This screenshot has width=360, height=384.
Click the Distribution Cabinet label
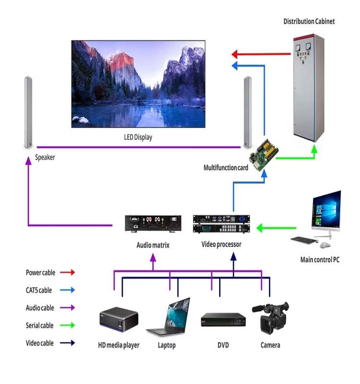(x=309, y=21)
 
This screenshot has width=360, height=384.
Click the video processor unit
(x=222, y=225)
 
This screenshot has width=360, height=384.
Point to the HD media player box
(x=119, y=320)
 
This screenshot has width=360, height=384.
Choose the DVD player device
(x=223, y=320)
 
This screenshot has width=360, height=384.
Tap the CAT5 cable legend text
(x=39, y=290)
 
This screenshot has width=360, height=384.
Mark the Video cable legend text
(x=40, y=343)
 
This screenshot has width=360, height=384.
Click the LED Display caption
(x=138, y=137)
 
